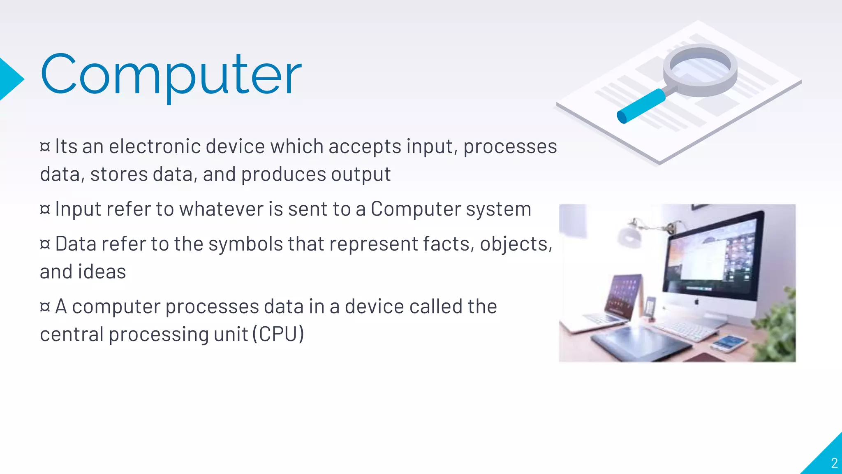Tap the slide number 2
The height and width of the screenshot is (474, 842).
[x=834, y=463]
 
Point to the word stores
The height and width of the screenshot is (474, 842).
[x=119, y=174]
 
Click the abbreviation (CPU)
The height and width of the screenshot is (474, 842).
[x=278, y=334]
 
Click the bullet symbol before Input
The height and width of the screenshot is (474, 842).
[x=45, y=209]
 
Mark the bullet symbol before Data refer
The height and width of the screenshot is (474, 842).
[x=45, y=244]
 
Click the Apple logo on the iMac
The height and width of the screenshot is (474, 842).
[x=696, y=302]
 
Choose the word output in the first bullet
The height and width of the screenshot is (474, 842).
[x=361, y=174]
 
